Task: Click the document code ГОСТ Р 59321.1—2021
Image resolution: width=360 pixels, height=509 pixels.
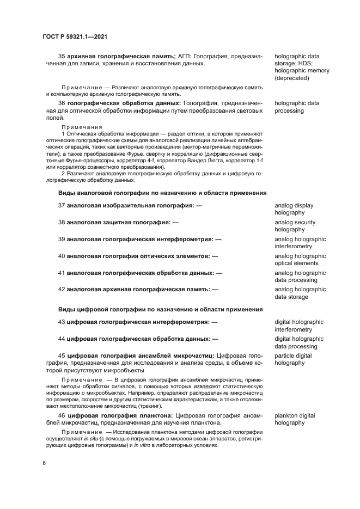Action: [75, 36]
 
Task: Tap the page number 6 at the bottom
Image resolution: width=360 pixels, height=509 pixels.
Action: [44, 463]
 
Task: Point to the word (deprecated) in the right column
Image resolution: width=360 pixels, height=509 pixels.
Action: [292, 78]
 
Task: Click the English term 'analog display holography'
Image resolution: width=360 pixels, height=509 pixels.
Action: [294, 209]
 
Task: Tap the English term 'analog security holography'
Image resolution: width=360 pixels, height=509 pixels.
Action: [295, 226]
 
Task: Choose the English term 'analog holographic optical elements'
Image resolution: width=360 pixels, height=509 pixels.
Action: [300, 260]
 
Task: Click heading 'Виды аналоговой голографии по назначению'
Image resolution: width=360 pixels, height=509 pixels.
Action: [162, 193]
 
